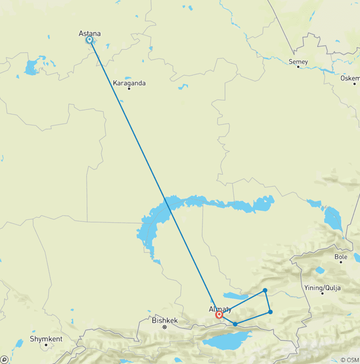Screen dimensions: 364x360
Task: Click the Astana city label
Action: [x=90, y=33]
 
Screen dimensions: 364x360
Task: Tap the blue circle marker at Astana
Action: [x=89, y=40]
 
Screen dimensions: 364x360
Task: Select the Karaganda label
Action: [x=129, y=83]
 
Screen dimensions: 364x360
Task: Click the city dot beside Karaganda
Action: [x=129, y=89]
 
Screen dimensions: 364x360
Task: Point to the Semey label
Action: [x=298, y=61]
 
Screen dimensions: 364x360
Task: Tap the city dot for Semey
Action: [x=298, y=67]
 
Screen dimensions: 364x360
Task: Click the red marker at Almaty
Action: [x=219, y=315]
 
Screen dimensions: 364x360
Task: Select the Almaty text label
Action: [x=220, y=309]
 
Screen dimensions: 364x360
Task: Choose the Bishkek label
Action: [x=165, y=321]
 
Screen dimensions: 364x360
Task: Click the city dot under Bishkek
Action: [x=165, y=326]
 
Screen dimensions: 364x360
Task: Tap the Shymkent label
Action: [x=46, y=338]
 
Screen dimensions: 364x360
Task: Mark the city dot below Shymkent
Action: [x=46, y=345]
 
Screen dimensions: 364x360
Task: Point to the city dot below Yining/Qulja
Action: [x=322, y=293]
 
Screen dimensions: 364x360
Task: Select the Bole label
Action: [x=341, y=257]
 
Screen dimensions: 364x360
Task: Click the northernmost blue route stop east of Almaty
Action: [x=265, y=290]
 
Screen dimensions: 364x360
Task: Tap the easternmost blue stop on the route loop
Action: [x=270, y=312]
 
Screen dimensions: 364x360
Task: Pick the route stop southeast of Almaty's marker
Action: [x=235, y=324]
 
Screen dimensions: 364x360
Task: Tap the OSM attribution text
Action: [x=349, y=360]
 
